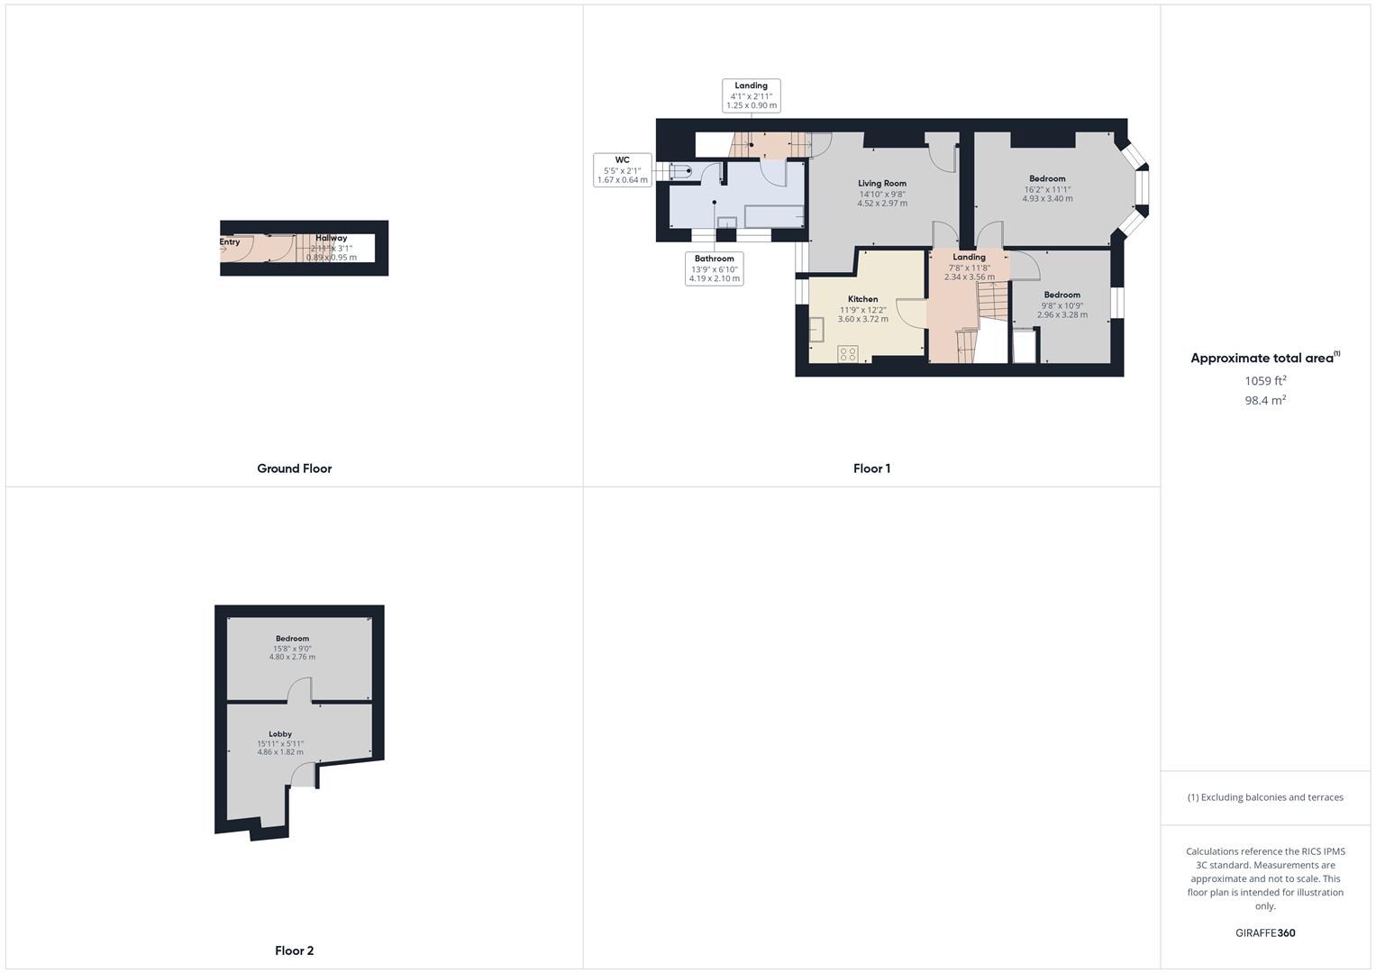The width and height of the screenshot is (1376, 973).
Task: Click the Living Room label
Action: [881, 183]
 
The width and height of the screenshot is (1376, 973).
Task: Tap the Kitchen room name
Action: [862, 299]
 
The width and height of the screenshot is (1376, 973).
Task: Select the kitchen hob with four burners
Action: [847, 353]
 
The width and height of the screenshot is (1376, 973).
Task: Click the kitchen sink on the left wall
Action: [816, 330]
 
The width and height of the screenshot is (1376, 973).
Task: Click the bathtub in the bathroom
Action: [773, 216]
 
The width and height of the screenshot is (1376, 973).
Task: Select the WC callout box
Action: [622, 169]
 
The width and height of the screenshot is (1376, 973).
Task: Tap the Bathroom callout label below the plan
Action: [714, 268]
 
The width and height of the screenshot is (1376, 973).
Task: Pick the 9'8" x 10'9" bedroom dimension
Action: [1062, 305]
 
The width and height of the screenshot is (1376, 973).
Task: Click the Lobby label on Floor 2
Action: [280, 734]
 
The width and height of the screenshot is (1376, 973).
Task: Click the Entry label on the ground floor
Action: [230, 241]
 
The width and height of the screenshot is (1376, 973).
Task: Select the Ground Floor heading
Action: [294, 468]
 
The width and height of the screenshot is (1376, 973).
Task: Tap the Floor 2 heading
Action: [294, 950]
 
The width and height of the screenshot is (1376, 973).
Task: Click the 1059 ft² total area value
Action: [1265, 380]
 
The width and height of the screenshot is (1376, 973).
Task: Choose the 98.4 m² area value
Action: [1265, 400]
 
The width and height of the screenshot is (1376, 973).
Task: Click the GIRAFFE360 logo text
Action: [1265, 932]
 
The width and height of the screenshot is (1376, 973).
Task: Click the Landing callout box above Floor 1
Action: [751, 95]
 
